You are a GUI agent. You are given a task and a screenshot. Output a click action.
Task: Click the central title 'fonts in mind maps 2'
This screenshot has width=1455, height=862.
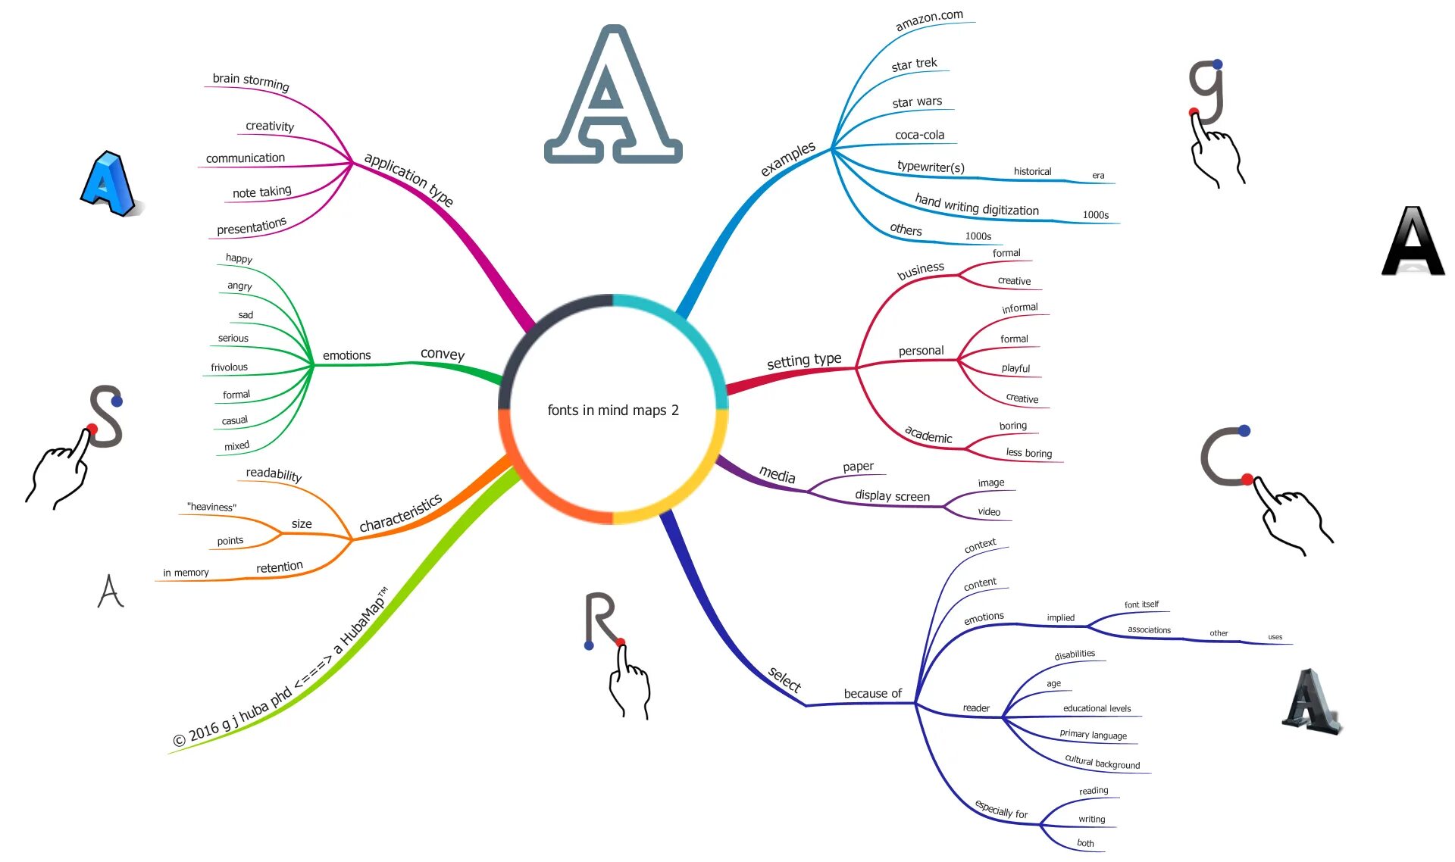click(x=612, y=410)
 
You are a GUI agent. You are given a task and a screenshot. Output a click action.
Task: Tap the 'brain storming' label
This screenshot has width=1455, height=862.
click(x=250, y=81)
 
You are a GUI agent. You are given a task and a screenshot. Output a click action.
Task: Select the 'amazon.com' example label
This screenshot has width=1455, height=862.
click(x=929, y=20)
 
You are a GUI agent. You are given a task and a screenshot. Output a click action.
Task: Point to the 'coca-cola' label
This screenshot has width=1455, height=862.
click(x=919, y=135)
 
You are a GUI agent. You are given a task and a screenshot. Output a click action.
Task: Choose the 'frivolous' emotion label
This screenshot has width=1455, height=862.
click(x=229, y=367)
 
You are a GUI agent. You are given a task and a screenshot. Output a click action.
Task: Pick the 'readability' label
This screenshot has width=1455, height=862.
click(x=274, y=474)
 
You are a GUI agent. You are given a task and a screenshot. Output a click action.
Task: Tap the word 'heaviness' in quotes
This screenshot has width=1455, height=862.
click(x=211, y=507)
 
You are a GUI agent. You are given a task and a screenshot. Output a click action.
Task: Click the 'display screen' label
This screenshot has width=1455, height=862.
click(x=892, y=496)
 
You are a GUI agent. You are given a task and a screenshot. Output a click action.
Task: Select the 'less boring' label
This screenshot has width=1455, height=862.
click(x=1028, y=453)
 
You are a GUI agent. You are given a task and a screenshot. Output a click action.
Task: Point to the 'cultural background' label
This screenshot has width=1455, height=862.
click(x=1102, y=762)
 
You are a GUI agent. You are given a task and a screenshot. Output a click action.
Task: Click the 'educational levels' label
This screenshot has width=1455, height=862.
click(x=1097, y=708)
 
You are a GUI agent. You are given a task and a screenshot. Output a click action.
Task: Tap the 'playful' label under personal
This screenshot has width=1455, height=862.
click(x=1015, y=368)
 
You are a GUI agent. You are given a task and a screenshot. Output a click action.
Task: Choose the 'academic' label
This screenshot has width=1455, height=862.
click(x=928, y=435)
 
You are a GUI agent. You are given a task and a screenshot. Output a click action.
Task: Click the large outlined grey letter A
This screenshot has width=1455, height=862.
click(x=613, y=98)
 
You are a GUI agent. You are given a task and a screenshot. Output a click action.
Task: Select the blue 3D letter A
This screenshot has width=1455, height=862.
click(x=108, y=184)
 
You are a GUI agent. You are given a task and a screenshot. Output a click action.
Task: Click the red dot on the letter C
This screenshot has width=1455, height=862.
click(x=1247, y=479)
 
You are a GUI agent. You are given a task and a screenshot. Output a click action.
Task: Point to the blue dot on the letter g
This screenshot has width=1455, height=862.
click(x=1217, y=64)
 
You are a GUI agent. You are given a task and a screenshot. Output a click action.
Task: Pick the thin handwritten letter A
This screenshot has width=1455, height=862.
click(x=111, y=591)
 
